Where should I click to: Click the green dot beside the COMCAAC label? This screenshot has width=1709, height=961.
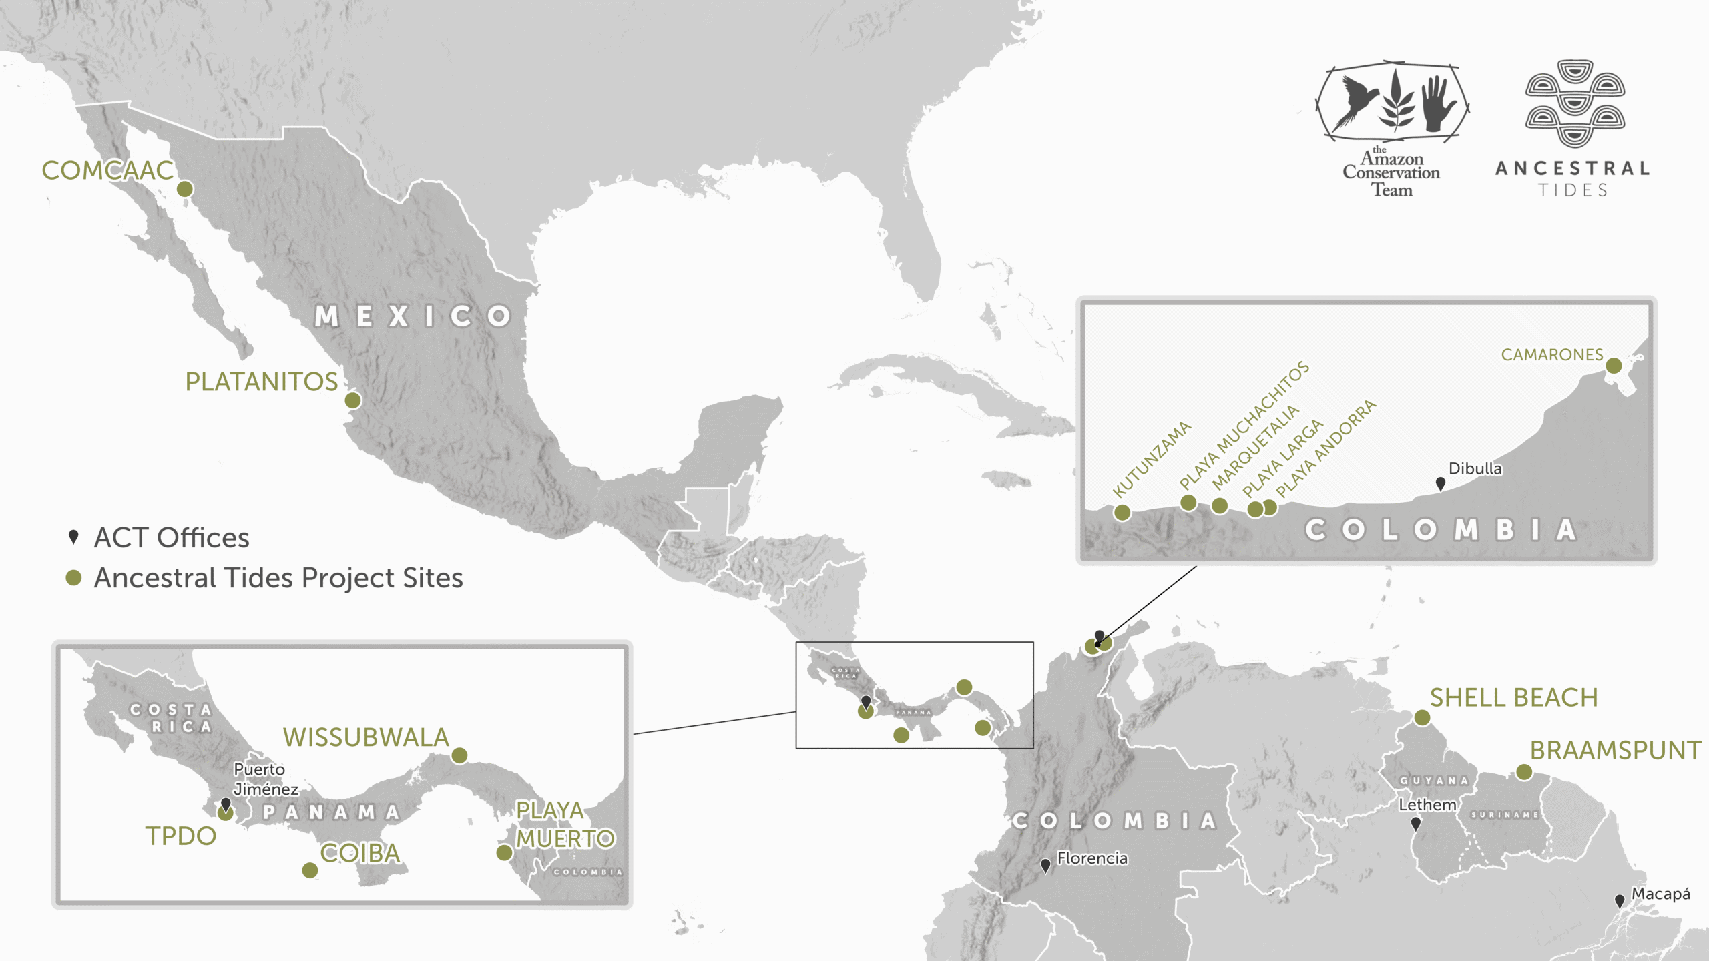(x=185, y=189)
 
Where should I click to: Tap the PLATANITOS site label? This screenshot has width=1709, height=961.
(x=261, y=382)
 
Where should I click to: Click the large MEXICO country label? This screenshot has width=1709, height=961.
(x=413, y=316)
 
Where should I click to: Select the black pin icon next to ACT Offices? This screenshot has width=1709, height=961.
(x=74, y=537)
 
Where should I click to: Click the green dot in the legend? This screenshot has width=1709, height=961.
(x=73, y=578)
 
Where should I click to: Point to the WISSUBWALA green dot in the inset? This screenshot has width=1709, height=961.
(x=459, y=755)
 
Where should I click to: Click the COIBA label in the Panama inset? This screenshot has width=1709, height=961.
(x=360, y=853)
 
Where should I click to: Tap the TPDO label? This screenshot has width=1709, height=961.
(x=181, y=836)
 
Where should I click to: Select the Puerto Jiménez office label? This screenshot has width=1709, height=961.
(x=265, y=779)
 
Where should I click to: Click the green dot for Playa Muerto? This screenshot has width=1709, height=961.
(x=505, y=852)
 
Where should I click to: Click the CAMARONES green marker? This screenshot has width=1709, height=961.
(x=1614, y=366)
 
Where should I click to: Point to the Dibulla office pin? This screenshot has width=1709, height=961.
(x=1441, y=483)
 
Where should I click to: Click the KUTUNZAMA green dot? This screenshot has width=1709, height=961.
(x=1122, y=513)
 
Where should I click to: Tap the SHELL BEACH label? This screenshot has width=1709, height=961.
(x=1513, y=698)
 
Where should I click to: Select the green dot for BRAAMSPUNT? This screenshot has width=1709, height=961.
(x=1524, y=772)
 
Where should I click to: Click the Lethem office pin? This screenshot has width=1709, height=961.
(x=1415, y=824)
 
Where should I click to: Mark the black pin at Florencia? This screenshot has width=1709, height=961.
(x=1046, y=866)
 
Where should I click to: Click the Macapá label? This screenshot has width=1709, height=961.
(x=1660, y=894)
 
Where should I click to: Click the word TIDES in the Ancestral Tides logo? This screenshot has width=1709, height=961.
(x=1573, y=190)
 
